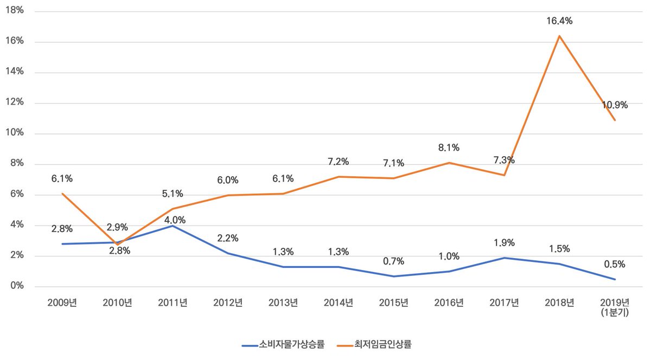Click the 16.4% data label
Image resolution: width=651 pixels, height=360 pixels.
559,21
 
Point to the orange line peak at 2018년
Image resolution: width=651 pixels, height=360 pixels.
559,36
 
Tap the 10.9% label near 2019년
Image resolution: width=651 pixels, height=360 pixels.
615,105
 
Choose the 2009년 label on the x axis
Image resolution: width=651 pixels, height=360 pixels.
62,303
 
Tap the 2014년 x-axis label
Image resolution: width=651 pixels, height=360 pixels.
339,303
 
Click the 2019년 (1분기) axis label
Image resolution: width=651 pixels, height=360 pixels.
615,307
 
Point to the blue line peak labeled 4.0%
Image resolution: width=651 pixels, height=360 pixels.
173,226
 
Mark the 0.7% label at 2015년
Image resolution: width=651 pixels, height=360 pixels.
394,261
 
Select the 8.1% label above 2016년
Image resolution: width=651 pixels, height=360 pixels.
449,147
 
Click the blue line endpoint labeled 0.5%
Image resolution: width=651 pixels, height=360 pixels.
615,279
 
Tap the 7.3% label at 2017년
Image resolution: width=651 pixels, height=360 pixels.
505,160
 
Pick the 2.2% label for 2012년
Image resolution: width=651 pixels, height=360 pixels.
228,238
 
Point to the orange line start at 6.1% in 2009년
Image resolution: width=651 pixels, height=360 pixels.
62,194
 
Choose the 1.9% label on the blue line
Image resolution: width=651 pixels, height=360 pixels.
505,243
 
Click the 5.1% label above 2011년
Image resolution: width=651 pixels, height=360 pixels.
173,194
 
